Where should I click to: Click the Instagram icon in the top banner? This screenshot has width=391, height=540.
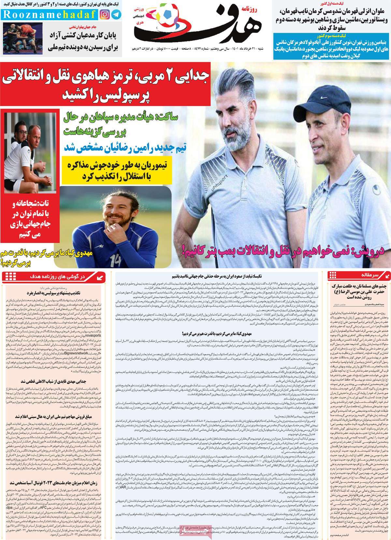[105, 15]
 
